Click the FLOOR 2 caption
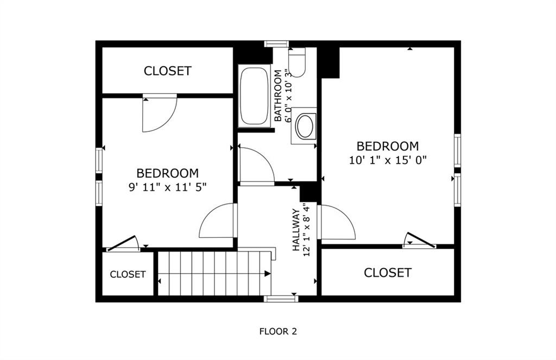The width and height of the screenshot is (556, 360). (x=278, y=332)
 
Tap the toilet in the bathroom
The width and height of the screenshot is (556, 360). (x=297, y=62)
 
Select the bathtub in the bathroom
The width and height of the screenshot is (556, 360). (x=254, y=96)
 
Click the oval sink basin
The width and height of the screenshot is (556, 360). (x=305, y=126)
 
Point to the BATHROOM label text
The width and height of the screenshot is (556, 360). (x=278, y=96)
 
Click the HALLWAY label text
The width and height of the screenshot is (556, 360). (x=296, y=230)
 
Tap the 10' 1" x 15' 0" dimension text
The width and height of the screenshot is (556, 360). (x=388, y=160)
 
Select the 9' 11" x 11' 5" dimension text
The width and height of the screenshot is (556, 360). (x=167, y=187)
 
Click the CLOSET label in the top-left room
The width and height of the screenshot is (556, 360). (x=168, y=71)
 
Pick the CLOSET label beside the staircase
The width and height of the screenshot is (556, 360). (x=128, y=274)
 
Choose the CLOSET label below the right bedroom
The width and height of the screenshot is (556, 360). (x=388, y=273)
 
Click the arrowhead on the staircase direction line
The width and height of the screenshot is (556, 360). (x=268, y=274)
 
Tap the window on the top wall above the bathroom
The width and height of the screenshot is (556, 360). (x=276, y=43)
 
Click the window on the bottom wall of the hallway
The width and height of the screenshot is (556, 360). (x=281, y=299)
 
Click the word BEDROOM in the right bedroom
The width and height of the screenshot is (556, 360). (x=388, y=146)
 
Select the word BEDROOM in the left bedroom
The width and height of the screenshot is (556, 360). (x=167, y=173)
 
